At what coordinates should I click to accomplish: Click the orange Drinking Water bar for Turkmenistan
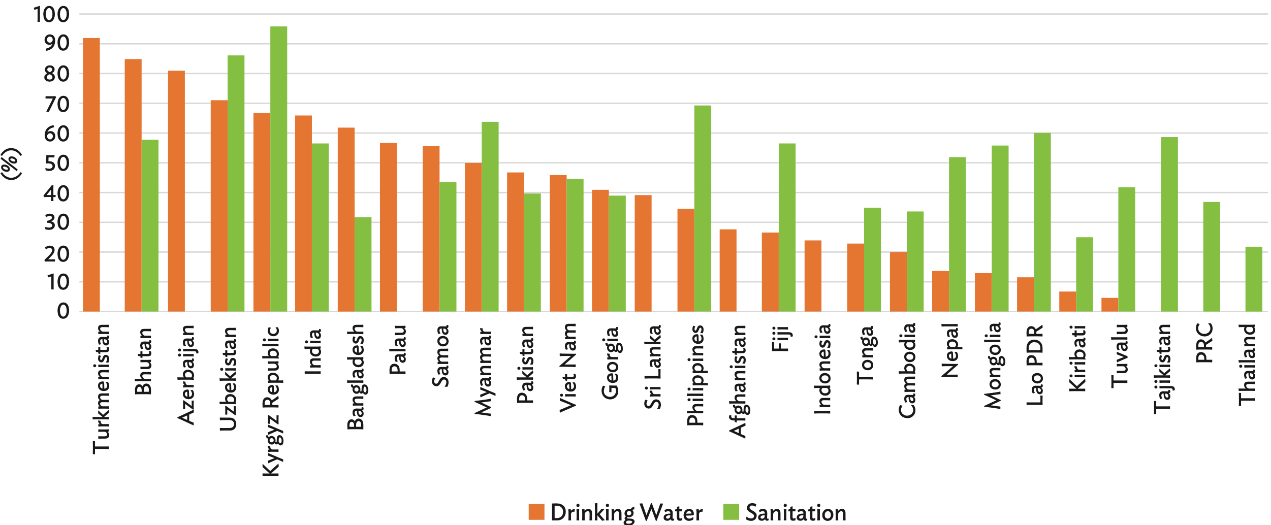pos(91,175)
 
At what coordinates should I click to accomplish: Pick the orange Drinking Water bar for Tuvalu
pos(1109,305)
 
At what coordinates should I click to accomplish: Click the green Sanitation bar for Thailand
pos(1254,279)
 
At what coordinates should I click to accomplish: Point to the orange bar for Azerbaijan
pos(176,191)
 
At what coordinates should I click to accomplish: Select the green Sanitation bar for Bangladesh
pos(363,264)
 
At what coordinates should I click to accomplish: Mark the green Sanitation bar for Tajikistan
pos(1169,224)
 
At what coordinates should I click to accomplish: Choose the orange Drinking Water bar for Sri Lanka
pos(643,253)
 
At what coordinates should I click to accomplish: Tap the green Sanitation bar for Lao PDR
pos(1042,222)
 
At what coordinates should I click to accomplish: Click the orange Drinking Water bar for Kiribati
pos(1067,302)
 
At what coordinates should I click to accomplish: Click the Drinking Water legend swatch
pos(536,512)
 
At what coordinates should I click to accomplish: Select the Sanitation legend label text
pos(796,512)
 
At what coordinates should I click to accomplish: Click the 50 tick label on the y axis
pos(56,163)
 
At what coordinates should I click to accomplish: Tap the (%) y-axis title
pos(11,163)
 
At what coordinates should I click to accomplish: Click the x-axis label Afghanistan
pos(738,381)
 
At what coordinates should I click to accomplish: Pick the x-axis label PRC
pos(1204,343)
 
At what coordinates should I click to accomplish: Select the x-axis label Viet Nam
pos(568,368)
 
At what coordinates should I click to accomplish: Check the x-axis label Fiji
pos(780,338)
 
